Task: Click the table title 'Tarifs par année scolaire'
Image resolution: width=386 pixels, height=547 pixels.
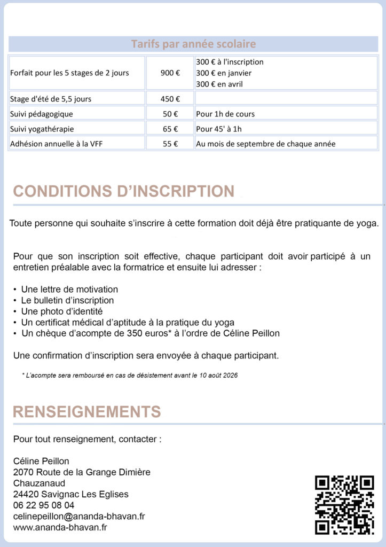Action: pos(193,44)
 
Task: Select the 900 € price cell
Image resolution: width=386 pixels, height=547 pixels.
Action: pos(170,73)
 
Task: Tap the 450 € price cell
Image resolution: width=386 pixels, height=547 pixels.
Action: pos(170,98)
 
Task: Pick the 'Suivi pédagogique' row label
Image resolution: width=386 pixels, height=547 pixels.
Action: pos(42,114)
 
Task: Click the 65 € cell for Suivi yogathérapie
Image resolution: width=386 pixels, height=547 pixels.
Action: pos(170,129)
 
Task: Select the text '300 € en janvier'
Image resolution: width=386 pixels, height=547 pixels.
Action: pos(224,73)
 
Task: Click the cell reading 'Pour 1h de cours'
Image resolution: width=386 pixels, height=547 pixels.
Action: pos(225,114)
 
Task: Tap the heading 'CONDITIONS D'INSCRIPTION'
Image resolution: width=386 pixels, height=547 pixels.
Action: pos(123,191)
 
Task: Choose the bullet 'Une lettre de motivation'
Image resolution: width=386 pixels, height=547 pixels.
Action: pos(69,290)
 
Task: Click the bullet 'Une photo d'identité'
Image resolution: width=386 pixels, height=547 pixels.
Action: pos(62,311)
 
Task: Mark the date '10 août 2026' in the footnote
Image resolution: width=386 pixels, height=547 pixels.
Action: pos(218,376)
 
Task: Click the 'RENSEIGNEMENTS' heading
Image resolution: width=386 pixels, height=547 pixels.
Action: pos(86,412)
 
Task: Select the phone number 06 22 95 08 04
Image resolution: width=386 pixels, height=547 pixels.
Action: pos(44,505)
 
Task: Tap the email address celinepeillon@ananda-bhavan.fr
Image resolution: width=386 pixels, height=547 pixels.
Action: pos(79,516)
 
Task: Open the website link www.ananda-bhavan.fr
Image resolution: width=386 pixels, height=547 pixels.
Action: pos(60,527)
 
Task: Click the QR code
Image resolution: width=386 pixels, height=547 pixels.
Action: pos(344,504)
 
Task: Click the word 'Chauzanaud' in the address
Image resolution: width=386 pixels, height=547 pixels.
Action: pos(36,483)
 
